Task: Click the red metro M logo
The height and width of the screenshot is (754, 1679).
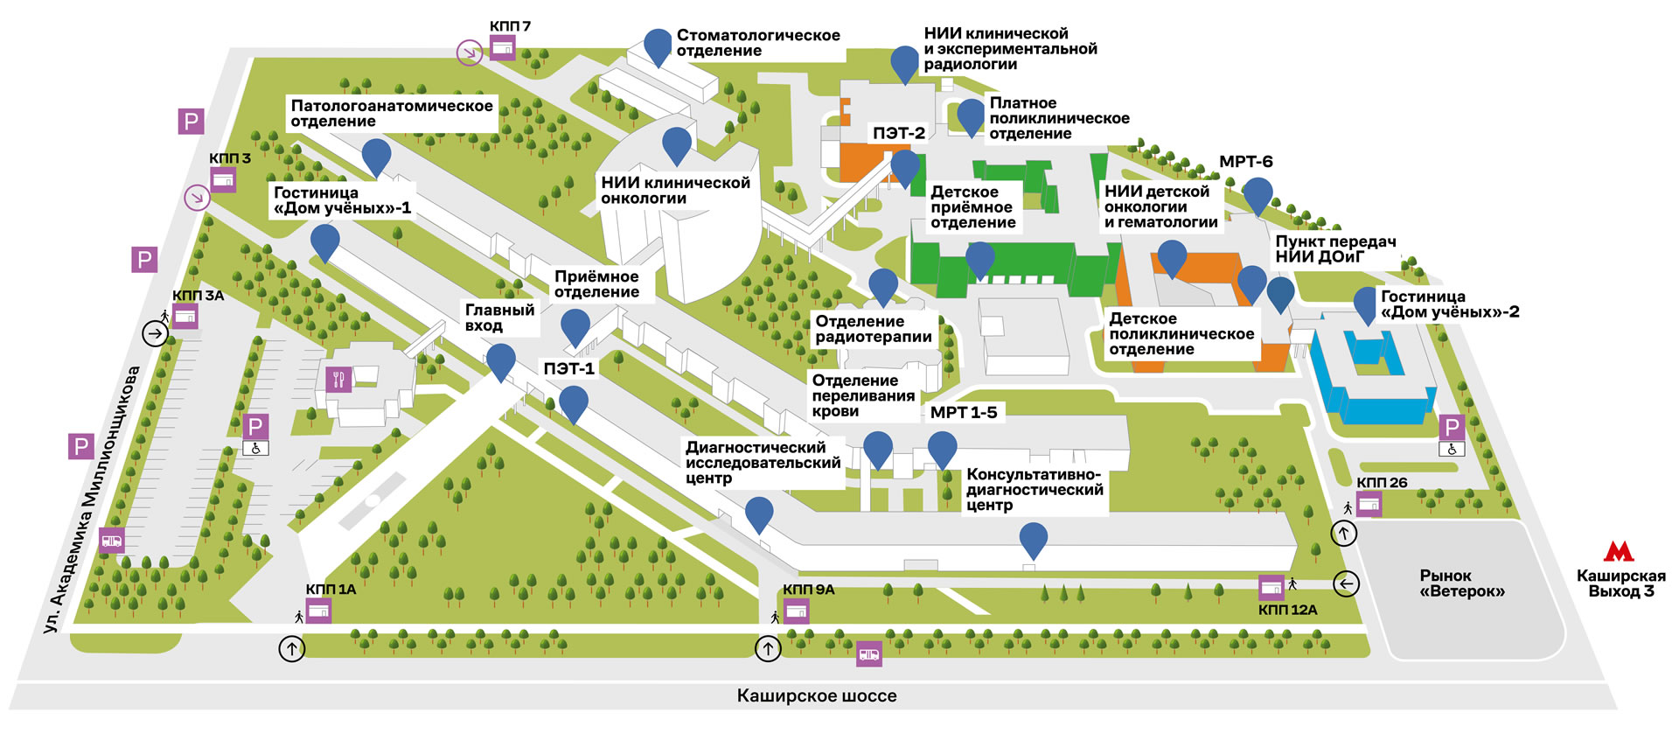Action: click(1619, 551)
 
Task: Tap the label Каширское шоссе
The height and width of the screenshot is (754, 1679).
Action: click(816, 696)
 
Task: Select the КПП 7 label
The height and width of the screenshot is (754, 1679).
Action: click(510, 26)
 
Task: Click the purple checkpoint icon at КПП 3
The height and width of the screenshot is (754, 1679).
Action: click(223, 179)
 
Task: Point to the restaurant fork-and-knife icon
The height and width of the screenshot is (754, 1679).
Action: click(338, 380)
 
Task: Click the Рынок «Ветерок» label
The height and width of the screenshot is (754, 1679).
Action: click(1462, 583)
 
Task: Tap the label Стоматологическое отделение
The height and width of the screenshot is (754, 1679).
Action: click(757, 43)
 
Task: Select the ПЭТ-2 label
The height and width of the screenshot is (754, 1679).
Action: click(898, 133)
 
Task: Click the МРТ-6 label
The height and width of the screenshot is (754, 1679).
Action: click(1245, 162)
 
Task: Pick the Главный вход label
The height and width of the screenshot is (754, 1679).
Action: click(499, 318)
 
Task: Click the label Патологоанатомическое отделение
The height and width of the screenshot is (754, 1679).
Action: click(391, 114)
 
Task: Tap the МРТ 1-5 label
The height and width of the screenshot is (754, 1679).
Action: click(963, 412)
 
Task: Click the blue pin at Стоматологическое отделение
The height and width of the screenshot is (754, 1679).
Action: click(658, 46)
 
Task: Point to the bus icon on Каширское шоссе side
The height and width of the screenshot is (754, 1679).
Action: click(868, 653)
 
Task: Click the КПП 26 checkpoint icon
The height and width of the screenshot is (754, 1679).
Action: click(1369, 504)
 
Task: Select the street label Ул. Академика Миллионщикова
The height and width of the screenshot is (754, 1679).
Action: click(92, 499)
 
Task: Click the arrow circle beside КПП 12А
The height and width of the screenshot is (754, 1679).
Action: click(1346, 583)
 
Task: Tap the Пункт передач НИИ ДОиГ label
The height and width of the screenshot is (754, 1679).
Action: click(1334, 249)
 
